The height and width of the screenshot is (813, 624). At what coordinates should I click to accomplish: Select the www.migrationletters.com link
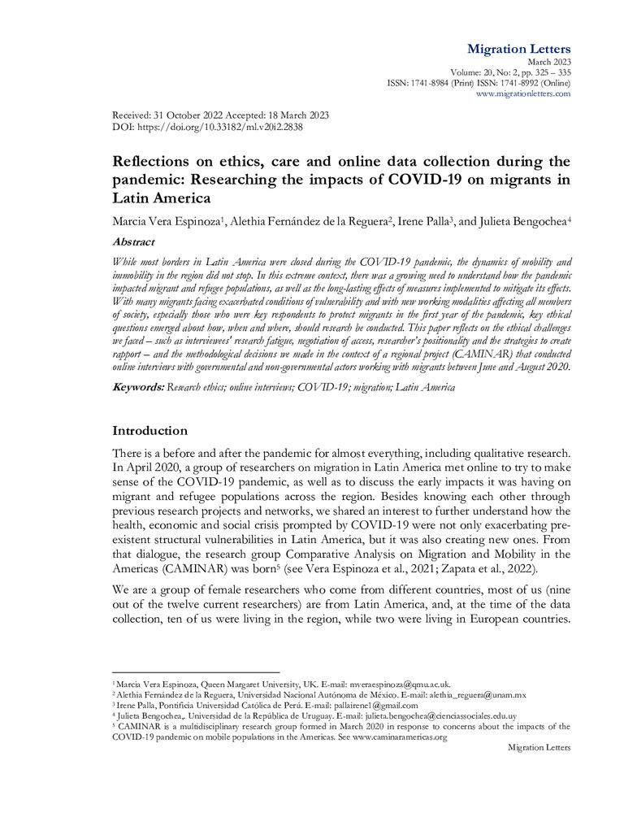click(522, 93)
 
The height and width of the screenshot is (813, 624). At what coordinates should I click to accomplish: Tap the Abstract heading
click(134, 241)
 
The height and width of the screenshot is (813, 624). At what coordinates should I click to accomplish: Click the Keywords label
click(137, 388)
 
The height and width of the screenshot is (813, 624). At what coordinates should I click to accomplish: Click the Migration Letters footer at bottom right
click(539, 747)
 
